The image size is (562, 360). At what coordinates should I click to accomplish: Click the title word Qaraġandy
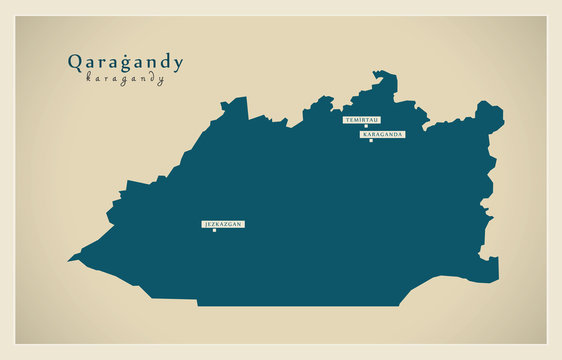(125, 63)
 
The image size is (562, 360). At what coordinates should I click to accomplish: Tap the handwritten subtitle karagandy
(125, 79)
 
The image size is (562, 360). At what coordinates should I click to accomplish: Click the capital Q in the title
(74, 62)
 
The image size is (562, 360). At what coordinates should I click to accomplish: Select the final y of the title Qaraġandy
(178, 65)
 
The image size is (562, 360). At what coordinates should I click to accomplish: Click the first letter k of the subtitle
(89, 78)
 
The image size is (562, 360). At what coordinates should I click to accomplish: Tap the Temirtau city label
(362, 120)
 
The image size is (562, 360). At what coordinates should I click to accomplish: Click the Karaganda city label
(383, 134)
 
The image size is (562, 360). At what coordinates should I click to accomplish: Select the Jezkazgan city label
(223, 224)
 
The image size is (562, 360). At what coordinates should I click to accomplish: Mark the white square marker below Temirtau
(366, 126)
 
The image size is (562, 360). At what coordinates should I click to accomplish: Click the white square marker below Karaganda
(371, 140)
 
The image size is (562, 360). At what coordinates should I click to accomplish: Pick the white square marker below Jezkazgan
(214, 231)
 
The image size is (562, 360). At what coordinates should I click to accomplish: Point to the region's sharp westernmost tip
(69, 260)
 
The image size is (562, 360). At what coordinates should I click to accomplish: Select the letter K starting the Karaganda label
(365, 134)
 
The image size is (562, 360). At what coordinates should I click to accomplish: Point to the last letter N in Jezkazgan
(240, 224)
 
